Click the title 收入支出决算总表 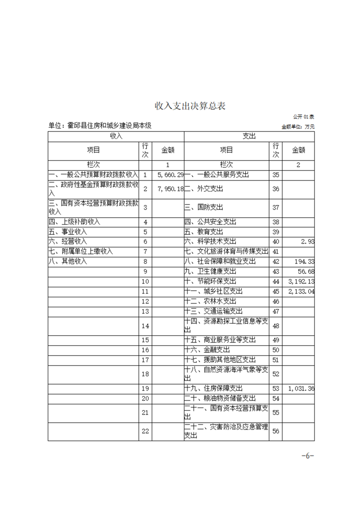(190, 106)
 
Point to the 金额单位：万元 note (298, 127)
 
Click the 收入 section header (116, 136)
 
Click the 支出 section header (249, 136)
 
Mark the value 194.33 (304, 262)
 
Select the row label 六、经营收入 (68, 242)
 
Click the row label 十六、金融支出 (207, 350)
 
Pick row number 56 (276, 431)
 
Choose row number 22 (145, 431)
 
